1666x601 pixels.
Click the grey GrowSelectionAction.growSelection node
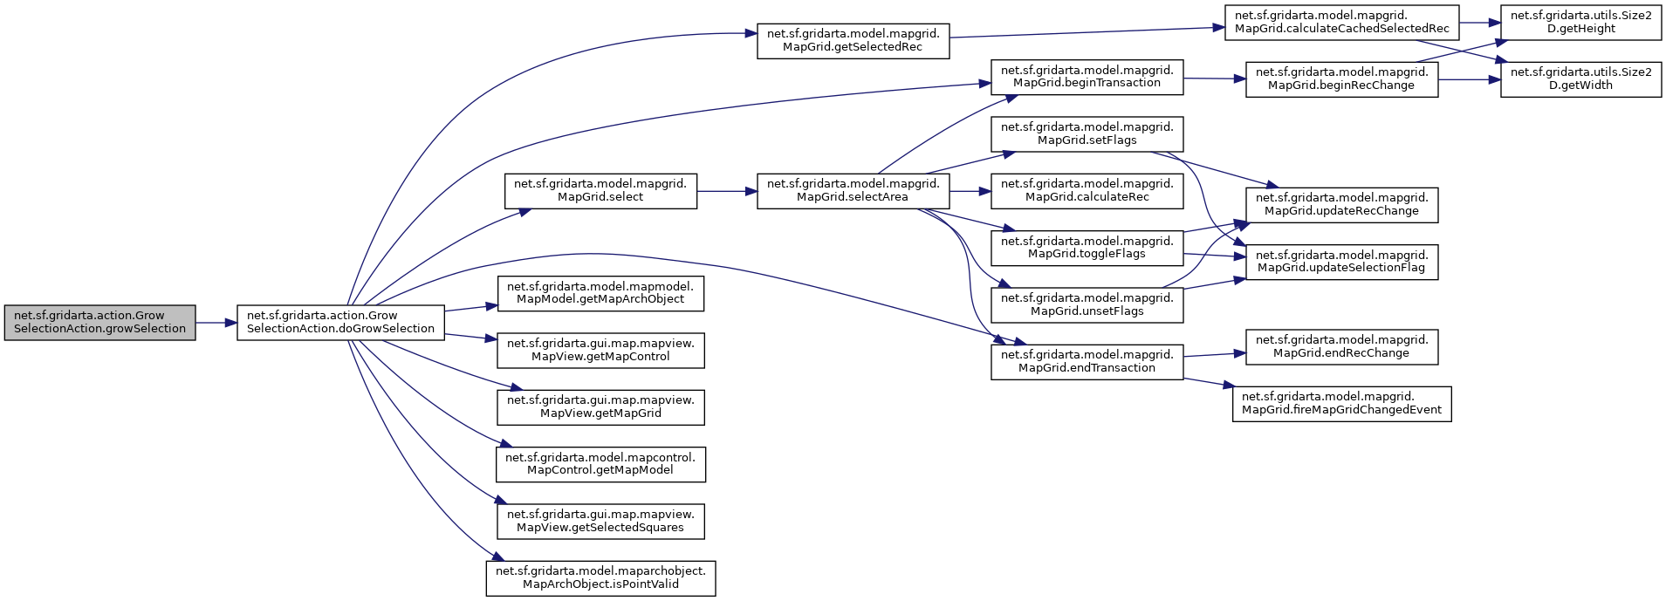(99, 322)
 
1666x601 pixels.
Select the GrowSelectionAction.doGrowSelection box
(340, 322)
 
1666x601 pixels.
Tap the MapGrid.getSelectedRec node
(853, 40)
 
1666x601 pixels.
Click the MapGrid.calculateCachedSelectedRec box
(1342, 22)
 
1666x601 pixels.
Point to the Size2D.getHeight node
(1580, 22)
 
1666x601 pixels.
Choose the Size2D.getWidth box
(1580, 79)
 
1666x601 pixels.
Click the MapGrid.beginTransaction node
(1087, 76)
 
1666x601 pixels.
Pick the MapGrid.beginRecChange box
(1341, 79)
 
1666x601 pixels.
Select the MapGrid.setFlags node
(1087, 133)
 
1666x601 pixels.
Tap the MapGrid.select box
(600, 190)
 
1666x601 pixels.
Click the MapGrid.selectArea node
(853, 190)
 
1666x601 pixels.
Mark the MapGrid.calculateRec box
(1087, 190)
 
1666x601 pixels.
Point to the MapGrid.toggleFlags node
(1087, 247)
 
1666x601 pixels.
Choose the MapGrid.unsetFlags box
(1087, 304)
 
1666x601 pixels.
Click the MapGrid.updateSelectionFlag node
(1341, 261)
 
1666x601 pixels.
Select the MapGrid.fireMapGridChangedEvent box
(1341, 403)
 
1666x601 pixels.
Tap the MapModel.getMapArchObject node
(600, 292)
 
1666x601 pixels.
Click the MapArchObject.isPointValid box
(600, 577)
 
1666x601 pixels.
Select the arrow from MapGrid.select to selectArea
(727, 190)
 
